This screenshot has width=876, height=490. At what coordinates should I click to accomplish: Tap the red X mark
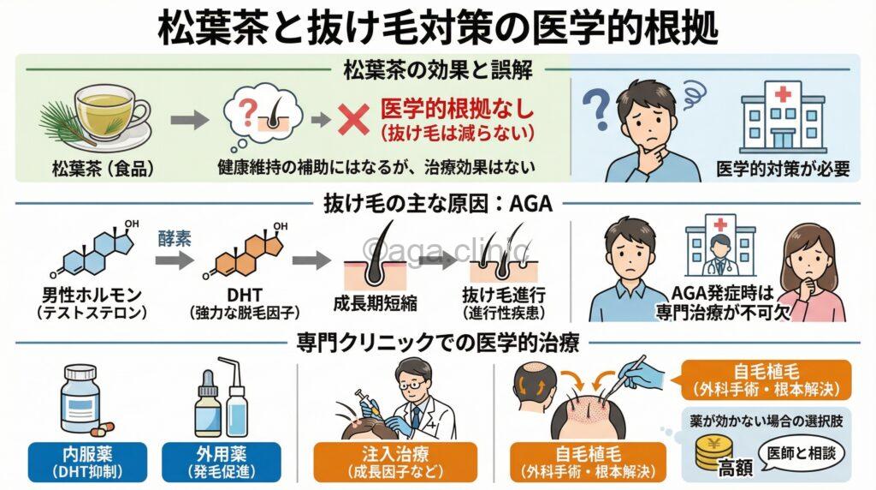tap(352, 121)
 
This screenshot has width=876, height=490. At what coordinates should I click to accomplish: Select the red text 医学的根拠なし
tap(457, 110)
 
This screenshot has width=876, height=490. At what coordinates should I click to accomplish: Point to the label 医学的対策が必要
tap(784, 169)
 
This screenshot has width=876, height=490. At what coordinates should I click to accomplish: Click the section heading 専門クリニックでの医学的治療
tap(438, 344)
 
